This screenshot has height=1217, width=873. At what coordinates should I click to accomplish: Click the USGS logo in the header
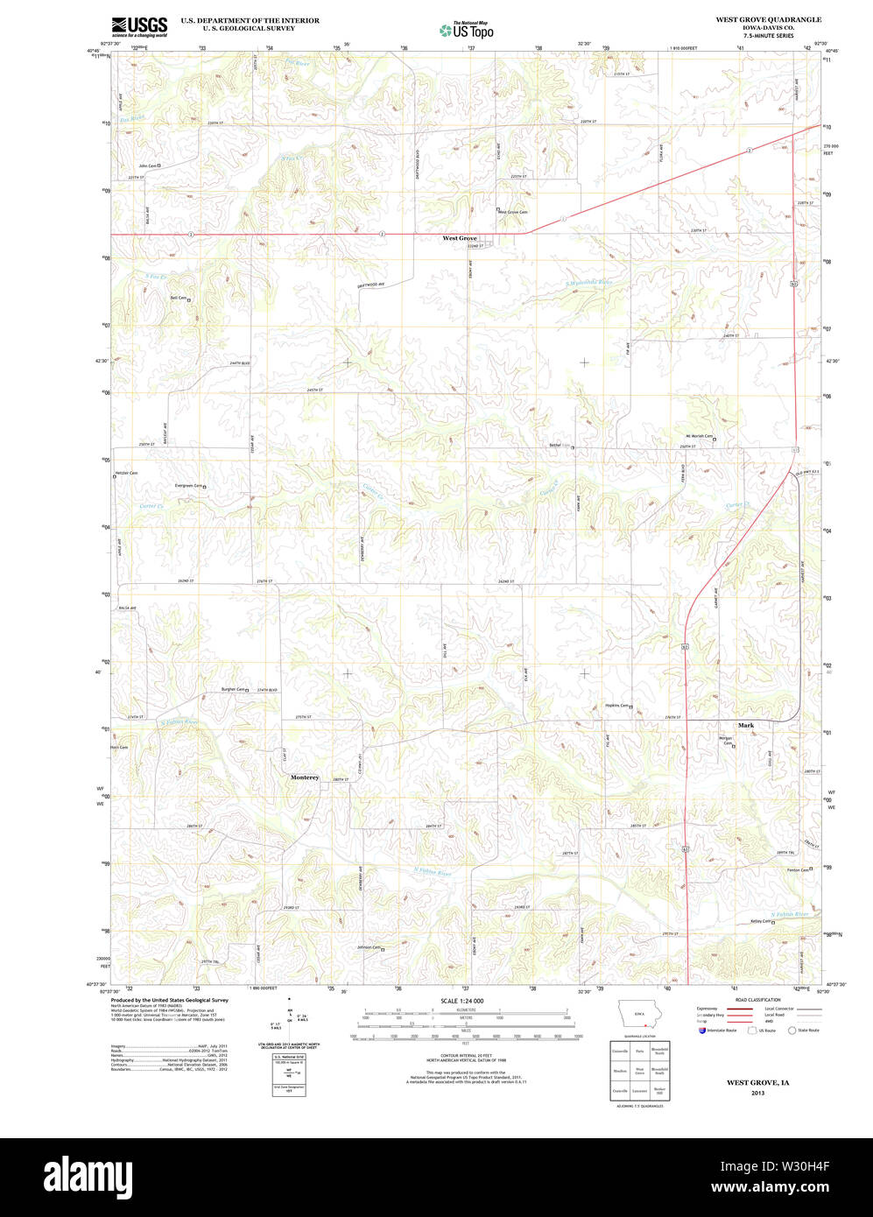(x=139, y=27)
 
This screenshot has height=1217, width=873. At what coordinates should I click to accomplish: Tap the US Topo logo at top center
(x=467, y=30)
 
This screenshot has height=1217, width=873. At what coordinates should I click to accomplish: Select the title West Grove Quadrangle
(x=768, y=19)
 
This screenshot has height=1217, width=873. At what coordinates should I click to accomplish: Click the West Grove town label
(x=460, y=238)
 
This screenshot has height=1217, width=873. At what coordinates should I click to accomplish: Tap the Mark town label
(x=745, y=725)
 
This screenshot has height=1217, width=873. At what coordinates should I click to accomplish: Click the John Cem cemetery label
(x=147, y=165)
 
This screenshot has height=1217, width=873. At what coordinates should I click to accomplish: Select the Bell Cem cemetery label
(x=178, y=298)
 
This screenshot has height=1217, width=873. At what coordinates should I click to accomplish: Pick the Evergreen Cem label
(x=188, y=486)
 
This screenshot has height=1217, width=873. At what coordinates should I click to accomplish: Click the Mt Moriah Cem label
(x=699, y=437)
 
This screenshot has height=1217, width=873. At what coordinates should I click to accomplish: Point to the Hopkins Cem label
(x=617, y=706)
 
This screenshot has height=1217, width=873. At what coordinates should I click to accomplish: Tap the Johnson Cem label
(x=368, y=947)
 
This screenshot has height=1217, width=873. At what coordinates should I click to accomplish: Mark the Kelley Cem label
(x=761, y=921)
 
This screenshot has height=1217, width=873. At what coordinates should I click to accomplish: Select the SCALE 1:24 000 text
(x=461, y=1000)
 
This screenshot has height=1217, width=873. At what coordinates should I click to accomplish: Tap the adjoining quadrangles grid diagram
(x=639, y=1070)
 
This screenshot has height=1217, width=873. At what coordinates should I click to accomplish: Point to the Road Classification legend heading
(x=757, y=1000)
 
